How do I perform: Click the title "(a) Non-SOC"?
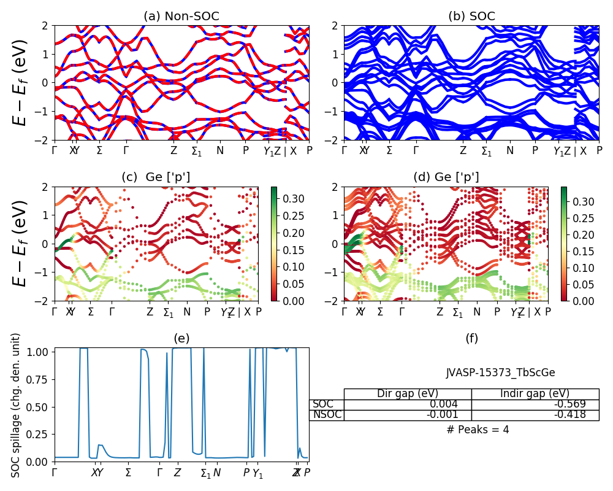click(x=181, y=17)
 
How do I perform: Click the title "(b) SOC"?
click(x=471, y=17)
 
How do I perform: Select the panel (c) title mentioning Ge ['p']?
click(x=156, y=177)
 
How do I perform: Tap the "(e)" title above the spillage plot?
click(x=181, y=338)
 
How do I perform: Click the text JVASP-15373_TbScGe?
click(x=500, y=373)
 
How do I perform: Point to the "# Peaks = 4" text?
click(x=478, y=430)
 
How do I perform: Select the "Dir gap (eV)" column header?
click(x=407, y=394)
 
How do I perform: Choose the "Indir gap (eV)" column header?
click(x=535, y=394)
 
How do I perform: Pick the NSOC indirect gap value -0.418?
click(x=569, y=415)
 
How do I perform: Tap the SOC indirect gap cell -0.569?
click(x=569, y=404)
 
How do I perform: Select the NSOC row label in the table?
click(x=326, y=415)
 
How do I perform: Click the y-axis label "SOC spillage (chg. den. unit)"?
click(x=16, y=405)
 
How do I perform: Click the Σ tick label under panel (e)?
click(x=128, y=473)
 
